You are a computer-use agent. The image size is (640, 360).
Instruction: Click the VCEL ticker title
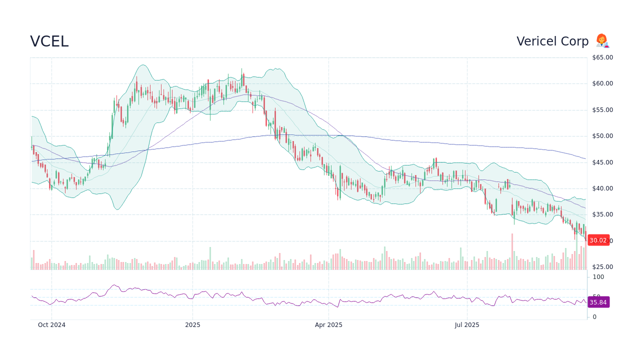tap(49, 41)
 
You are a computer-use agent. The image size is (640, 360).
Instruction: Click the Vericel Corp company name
tap(552, 41)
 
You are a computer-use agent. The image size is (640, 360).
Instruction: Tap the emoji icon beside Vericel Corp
tap(602, 41)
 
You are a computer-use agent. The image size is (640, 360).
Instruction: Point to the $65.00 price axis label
tap(602, 57)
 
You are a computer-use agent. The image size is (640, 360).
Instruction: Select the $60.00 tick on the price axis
tap(602, 83)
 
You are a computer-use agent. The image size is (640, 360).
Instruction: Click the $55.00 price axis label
tap(602, 110)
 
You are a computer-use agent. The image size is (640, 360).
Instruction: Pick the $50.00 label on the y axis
tap(602, 136)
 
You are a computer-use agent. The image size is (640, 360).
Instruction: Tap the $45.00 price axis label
tap(602, 162)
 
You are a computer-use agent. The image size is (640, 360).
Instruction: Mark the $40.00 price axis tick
tap(602, 188)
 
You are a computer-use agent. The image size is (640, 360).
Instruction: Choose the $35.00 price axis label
tap(602, 214)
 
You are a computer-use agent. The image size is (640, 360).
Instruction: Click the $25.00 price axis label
tap(602, 267)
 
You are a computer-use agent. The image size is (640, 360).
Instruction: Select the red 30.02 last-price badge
tap(598, 240)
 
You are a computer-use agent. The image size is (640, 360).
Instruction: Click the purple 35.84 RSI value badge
tap(598, 302)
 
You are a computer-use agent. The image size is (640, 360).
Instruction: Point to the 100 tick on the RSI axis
tap(598, 277)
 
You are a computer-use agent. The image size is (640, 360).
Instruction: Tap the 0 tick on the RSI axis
tap(594, 317)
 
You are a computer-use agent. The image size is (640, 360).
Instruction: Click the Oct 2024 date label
tap(51, 325)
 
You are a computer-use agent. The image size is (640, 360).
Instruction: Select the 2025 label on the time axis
tap(192, 325)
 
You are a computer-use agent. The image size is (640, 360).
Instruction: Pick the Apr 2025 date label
tap(328, 325)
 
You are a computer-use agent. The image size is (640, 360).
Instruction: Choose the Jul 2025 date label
tap(467, 325)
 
